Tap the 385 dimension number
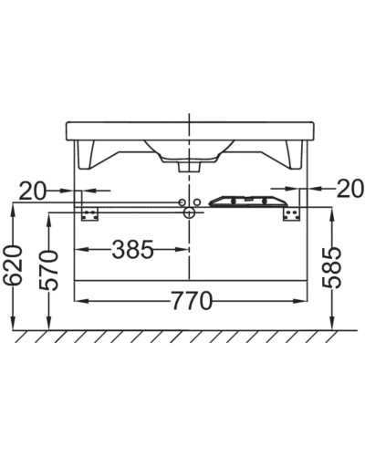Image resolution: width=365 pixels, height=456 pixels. [x=132, y=249]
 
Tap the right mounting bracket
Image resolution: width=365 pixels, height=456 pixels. [x=292, y=212]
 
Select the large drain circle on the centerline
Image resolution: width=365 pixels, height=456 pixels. [x=189, y=212]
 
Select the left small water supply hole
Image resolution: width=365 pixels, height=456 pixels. [x=182, y=201]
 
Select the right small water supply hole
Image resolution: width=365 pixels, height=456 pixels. [x=195, y=201]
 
